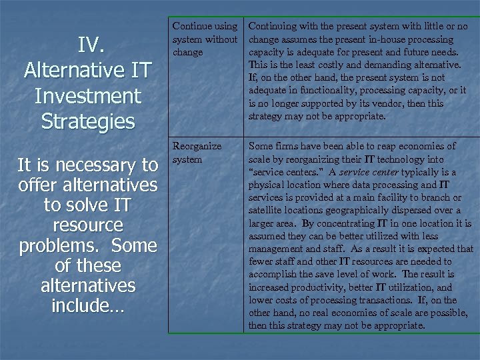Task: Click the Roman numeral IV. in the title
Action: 89,45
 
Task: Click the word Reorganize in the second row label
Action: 197,146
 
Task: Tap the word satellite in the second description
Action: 265,211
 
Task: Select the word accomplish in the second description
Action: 273,275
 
